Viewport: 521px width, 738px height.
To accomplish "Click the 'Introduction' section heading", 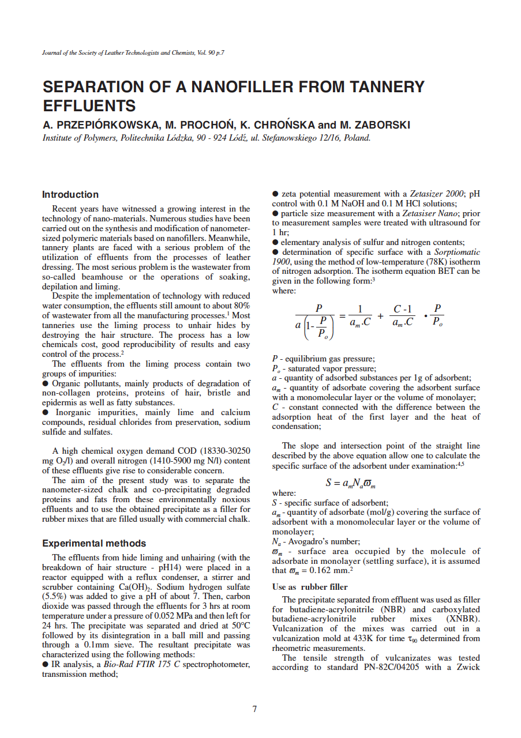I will coord(71,195).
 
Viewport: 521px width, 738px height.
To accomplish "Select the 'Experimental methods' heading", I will coord(95,544).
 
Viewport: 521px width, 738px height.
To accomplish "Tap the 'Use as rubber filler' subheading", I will coord(310,588).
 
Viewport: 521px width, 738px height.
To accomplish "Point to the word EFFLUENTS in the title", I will coord(89,106).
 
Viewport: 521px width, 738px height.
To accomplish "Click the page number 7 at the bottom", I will coord(254,709).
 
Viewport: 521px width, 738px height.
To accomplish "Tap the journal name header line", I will coord(133,53).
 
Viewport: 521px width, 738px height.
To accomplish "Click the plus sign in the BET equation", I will coord(381,316).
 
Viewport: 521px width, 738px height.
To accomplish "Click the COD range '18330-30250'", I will coord(226,451).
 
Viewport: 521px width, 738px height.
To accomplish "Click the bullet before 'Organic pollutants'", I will coord(46,383).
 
